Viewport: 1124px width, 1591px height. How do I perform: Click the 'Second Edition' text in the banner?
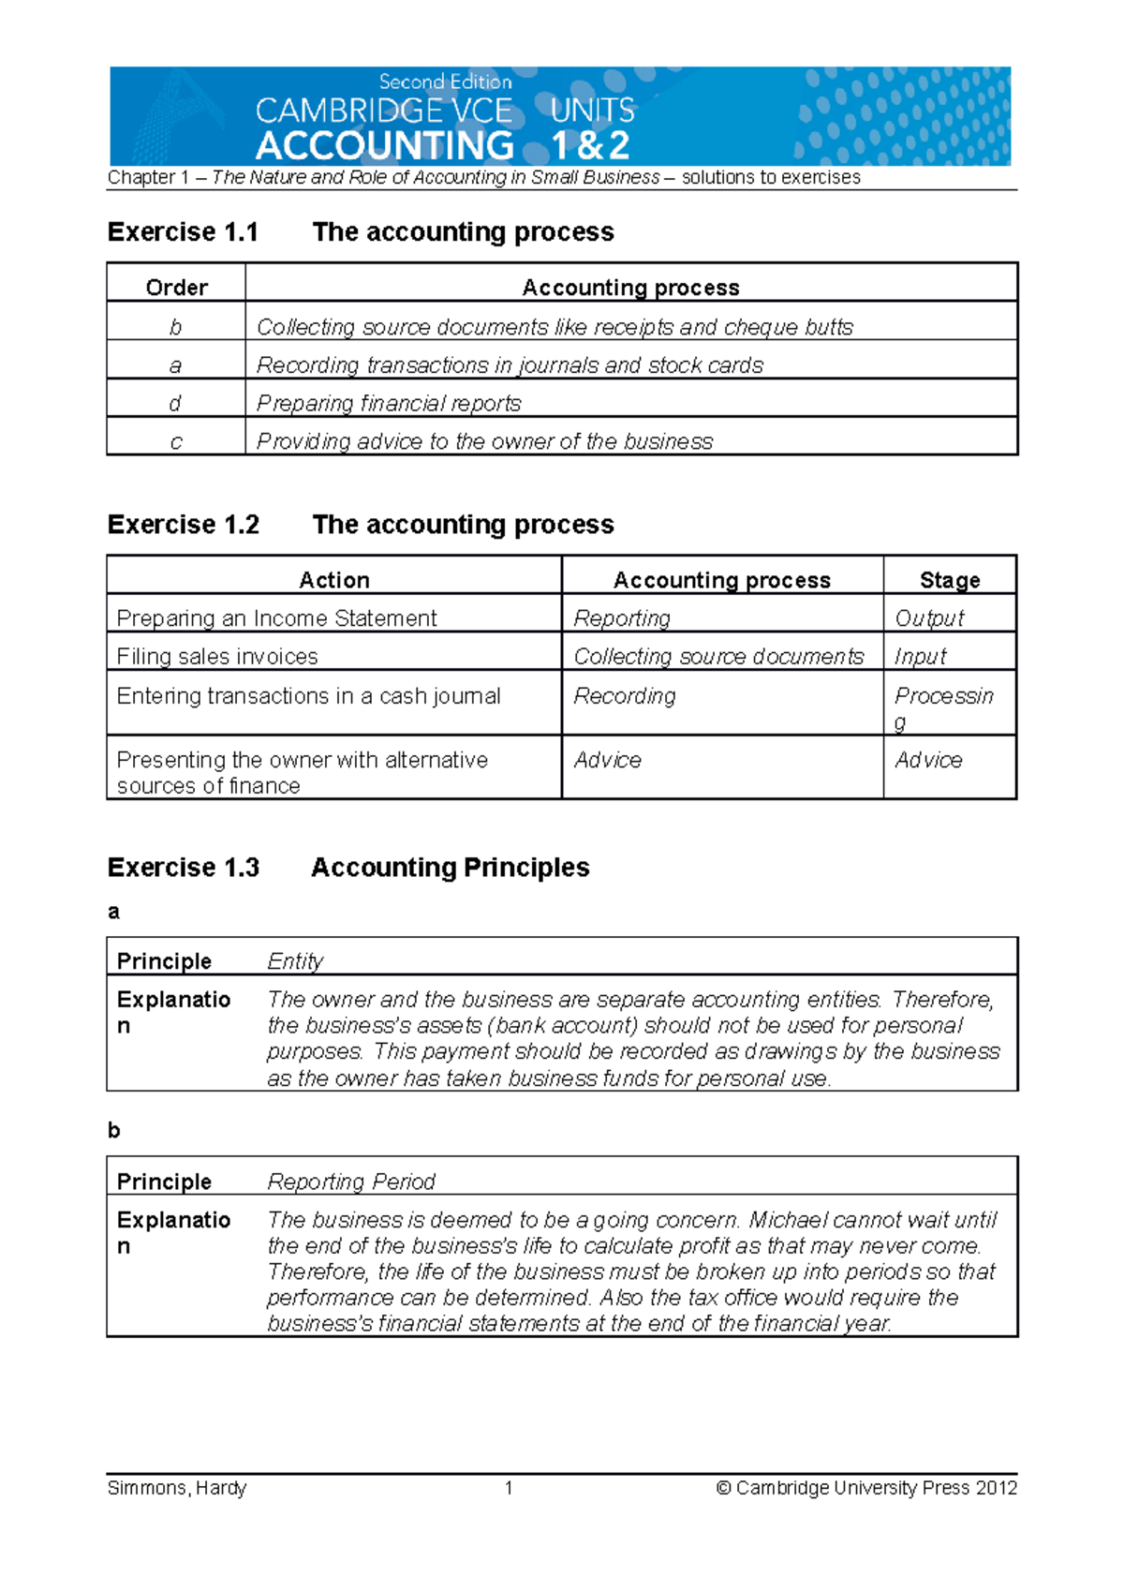[445, 82]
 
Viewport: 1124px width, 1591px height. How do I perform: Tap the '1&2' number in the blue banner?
[590, 146]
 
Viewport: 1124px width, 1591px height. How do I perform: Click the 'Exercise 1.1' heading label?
[183, 231]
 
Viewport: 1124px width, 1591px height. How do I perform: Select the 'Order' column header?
[176, 288]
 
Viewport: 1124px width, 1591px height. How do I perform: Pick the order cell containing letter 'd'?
[175, 404]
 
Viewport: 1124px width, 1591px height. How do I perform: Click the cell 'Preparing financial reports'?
[389, 404]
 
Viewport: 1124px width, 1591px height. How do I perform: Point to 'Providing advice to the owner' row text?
[484, 441]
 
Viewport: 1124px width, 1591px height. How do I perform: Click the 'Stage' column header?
[949, 580]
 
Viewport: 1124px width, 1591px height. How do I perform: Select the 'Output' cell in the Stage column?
[928, 618]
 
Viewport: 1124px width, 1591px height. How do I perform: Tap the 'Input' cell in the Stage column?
[920, 657]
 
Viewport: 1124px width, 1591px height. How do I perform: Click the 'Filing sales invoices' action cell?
[217, 657]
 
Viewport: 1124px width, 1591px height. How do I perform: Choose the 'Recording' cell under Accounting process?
[624, 696]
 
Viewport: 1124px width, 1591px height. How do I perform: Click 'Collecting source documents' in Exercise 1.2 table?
[718, 657]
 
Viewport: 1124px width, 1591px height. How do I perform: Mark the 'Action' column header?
[333, 580]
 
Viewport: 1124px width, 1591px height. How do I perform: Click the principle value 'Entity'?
[295, 961]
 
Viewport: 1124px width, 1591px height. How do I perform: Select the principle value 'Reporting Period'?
[351, 1182]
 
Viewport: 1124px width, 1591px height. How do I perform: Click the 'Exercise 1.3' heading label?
[183, 868]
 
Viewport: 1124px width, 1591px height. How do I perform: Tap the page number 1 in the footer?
[509, 1488]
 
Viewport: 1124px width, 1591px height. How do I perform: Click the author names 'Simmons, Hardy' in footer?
[177, 1488]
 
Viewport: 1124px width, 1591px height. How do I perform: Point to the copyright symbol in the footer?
[723, 1488]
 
